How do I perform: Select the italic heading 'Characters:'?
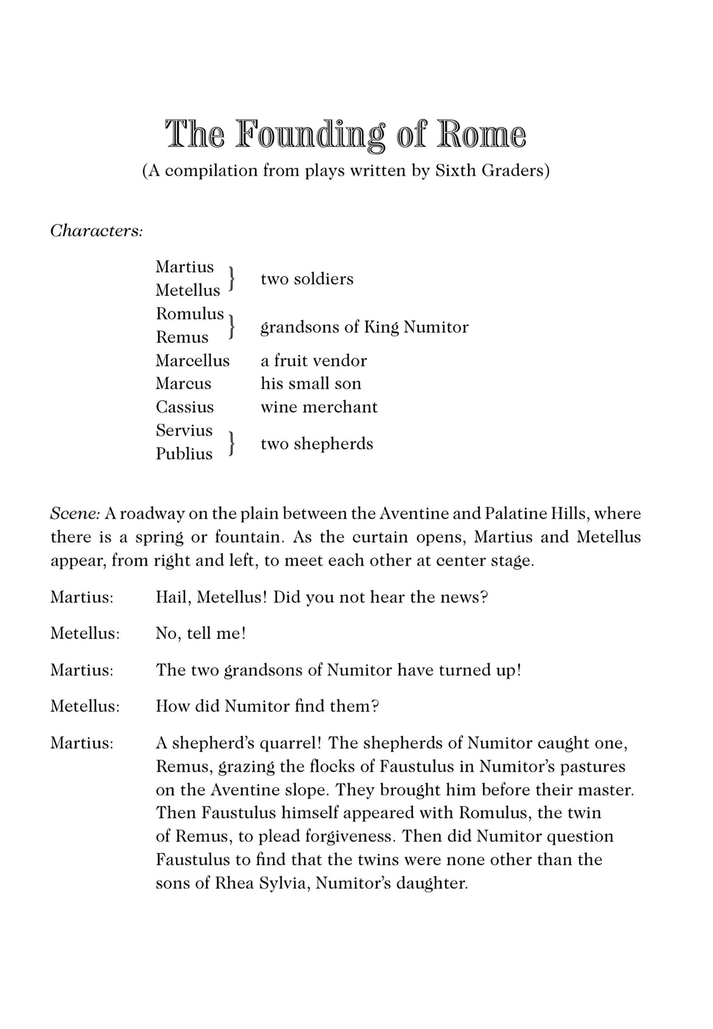click(x=96, y=230)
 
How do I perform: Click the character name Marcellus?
click(x=192, y=361)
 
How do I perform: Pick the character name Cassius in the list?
click(x=185, y=407)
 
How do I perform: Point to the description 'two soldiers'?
click(x=307, y=279)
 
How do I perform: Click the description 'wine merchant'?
click(x=319, y=407)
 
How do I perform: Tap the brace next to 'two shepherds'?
click(x=231, y=442)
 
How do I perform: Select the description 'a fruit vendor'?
click(x=313, y=361)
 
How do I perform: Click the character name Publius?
click(x=184, y=454)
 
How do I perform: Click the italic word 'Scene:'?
click(x=75, y=514)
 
